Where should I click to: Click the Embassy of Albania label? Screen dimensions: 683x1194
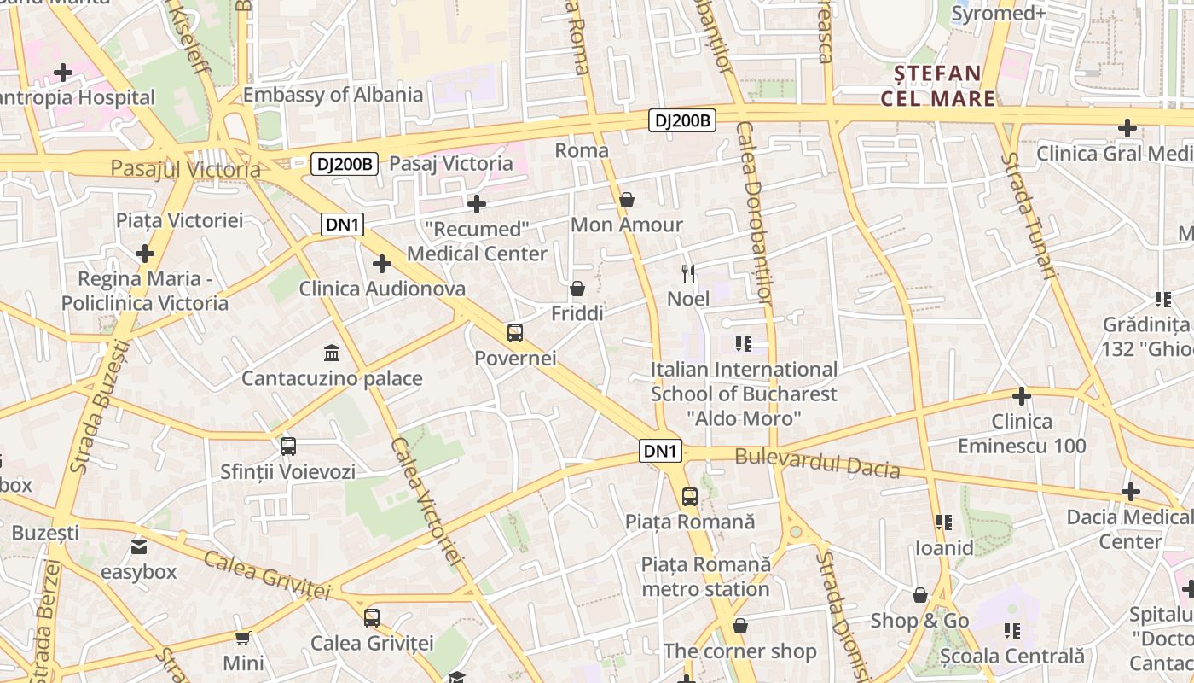click(x=333, y=95)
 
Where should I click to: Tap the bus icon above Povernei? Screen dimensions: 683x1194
click(x=515, y=333)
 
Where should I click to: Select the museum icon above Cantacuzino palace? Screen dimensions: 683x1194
click(x=332, y=353)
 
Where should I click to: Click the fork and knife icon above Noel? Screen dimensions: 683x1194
click(x=688, y=274)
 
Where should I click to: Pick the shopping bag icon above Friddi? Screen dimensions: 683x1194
click(x=577, y=289)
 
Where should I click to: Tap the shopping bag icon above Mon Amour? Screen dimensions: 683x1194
click(x=627, y=201)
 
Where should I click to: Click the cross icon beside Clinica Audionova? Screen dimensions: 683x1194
click(x=382, y=265)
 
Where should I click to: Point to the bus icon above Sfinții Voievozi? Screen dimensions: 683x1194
click(x=288, y=446)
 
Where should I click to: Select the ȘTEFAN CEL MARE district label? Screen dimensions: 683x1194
click(x=938, y=85)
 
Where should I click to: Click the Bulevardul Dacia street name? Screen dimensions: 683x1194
click(x=817, y=463)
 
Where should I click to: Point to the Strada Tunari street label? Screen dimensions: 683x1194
click(x=1029, y=216)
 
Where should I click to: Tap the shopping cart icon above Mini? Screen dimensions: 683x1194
click(x=243, y=638)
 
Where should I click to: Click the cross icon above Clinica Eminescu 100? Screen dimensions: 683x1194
click(x=1021, y=396)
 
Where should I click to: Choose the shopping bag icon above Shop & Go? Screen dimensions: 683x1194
click(x=920, y=595)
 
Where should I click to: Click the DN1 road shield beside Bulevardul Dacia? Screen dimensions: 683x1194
click(x=661, y=451)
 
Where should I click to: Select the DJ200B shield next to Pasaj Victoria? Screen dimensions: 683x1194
click(x=344, y=164)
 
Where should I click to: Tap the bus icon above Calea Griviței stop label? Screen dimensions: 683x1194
click(x=372, y=617)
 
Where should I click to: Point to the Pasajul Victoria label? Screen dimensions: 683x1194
click(x=185, y=169)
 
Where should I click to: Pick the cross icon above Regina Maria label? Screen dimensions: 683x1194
click(x=145, y=254)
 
